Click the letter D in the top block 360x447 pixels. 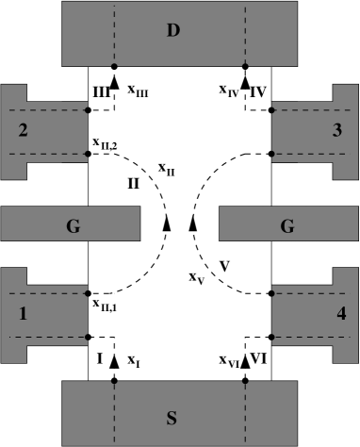(x=172, y=31)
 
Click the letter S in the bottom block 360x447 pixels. (x=171, y=416)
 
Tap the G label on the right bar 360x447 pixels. (x=287, y=225)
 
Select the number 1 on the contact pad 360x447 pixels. (x=23, y=313)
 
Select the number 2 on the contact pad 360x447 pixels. (x=23, y=130)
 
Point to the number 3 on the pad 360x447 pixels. (x=336, y=130)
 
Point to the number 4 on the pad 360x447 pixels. (x=340, y=313)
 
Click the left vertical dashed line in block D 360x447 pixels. (x=115, y=33)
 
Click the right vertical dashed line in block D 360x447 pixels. (x=245, y=33)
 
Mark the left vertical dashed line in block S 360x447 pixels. (x=115, y=413)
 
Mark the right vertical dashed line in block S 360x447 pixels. (x=245, y=413)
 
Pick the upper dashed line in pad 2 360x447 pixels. (x=47, y=110)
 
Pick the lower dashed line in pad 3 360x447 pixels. (x=311, y=153)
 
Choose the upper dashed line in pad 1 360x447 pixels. (x=47, y=294)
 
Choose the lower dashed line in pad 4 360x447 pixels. (x=311, y=336)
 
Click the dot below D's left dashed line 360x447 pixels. (x=115, y=65)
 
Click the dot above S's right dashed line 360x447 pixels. (x=245, y=383)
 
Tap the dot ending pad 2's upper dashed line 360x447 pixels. (x=87, y=110)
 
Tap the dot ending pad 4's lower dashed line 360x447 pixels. (x=273, y=336)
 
